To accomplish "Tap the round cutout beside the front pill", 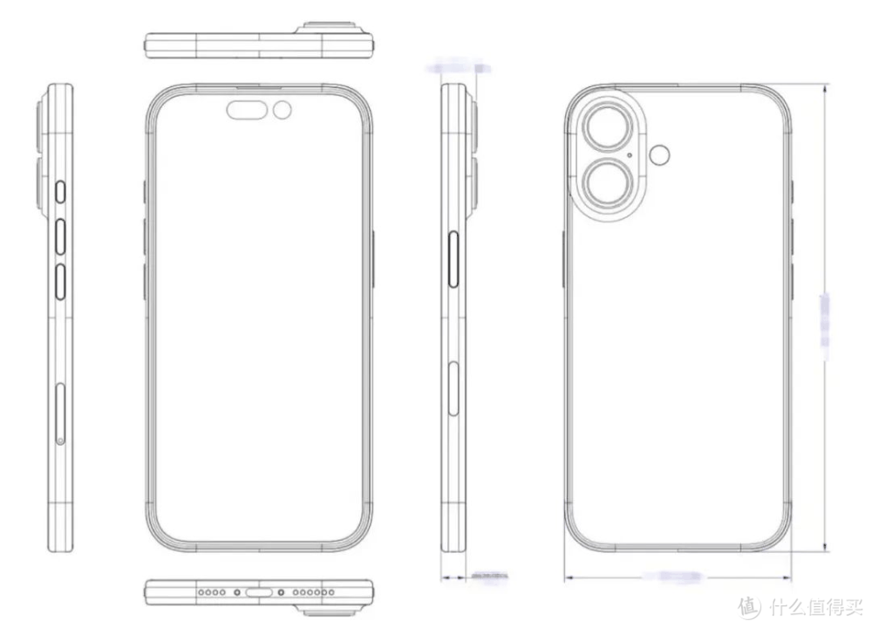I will (283, 110).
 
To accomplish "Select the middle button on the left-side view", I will (60, 235).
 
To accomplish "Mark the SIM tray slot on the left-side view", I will (59, 413).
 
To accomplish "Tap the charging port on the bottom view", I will (261, 592).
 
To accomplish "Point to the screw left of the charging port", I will (237, 592).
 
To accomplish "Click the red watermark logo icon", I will (748, 605).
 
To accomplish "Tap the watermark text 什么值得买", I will (813, 605).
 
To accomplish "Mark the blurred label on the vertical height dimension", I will (825, 321).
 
